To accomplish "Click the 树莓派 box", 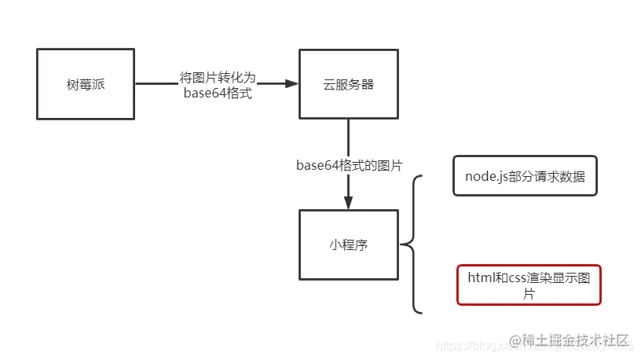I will (86, 84).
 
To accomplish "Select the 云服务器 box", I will (348, 84).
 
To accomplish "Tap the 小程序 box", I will (348, 245).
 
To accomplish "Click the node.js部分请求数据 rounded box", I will (525, 177).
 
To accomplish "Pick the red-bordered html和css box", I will (529, 285).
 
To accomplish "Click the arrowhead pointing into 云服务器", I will (291, 84).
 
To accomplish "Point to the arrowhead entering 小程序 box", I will (348, 203).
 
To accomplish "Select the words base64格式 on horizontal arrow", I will (218, 94).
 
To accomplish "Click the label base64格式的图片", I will (349, 165).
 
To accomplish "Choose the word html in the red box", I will (481, 277).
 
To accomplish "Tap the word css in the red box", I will (518, 277).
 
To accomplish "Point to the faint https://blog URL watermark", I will (471, 345).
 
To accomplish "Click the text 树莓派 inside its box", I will (86, 84).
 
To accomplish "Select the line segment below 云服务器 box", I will (348, 138).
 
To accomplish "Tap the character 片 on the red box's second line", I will (529, 293).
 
